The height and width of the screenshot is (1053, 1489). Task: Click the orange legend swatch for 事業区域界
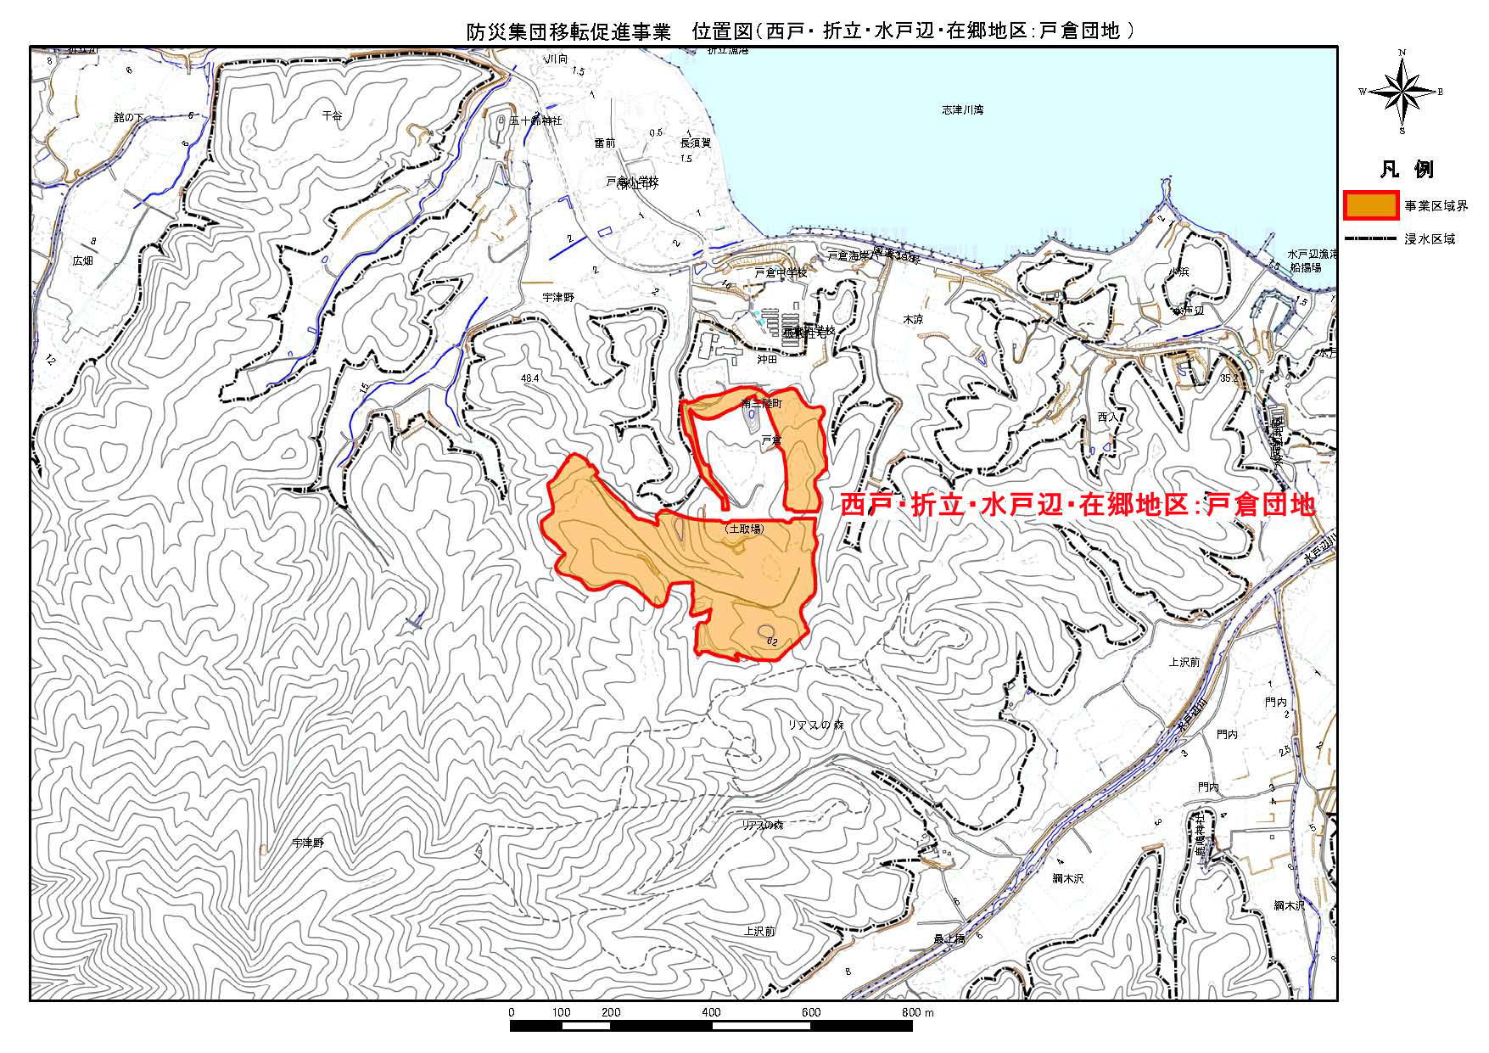coord(1371,206)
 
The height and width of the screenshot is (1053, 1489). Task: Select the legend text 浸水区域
coord(1430,239)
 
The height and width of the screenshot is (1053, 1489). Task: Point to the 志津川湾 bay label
coord(962,110)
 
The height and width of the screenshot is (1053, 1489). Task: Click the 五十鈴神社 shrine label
coord(535,121)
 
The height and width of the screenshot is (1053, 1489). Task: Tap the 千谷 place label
coord(332,115)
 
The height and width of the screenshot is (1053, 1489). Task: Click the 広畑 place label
coord(82,260)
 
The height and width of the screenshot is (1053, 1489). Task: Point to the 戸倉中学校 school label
coord(781,272)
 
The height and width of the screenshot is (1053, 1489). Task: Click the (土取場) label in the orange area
coord(745,529)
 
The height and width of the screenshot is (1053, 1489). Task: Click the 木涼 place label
coord(912,320)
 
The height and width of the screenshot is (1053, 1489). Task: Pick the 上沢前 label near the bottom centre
coord(759,931)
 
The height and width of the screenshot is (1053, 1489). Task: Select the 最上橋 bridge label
coord(949,938)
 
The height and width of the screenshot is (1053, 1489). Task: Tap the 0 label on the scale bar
coord(511,1012)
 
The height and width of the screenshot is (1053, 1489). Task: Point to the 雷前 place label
coord(604,144)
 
